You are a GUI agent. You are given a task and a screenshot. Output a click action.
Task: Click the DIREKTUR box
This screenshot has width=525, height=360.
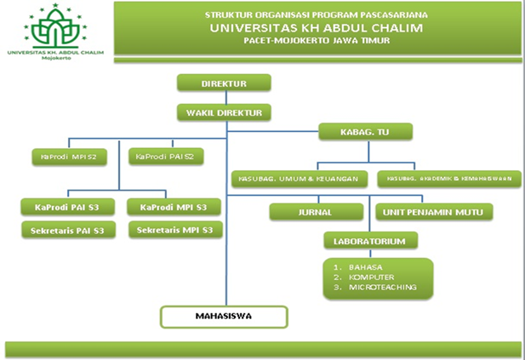click(224, 84)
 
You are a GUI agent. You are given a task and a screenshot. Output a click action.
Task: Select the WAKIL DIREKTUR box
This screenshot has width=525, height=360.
click(224, 111)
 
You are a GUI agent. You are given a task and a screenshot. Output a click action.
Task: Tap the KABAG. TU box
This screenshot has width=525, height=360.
click(365, 132)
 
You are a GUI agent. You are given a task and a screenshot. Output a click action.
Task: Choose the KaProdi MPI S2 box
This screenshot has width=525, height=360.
click(69, 157)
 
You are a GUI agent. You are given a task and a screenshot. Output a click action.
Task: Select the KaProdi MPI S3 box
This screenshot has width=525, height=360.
click(174, 207)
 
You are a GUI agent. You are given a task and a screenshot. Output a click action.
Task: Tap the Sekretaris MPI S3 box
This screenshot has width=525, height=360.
click(174, 230)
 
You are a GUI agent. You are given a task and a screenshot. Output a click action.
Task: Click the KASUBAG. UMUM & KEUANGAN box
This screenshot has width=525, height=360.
click(300, 179)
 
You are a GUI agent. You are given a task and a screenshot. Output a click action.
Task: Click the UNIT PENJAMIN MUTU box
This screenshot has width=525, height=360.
click(434, 212)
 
